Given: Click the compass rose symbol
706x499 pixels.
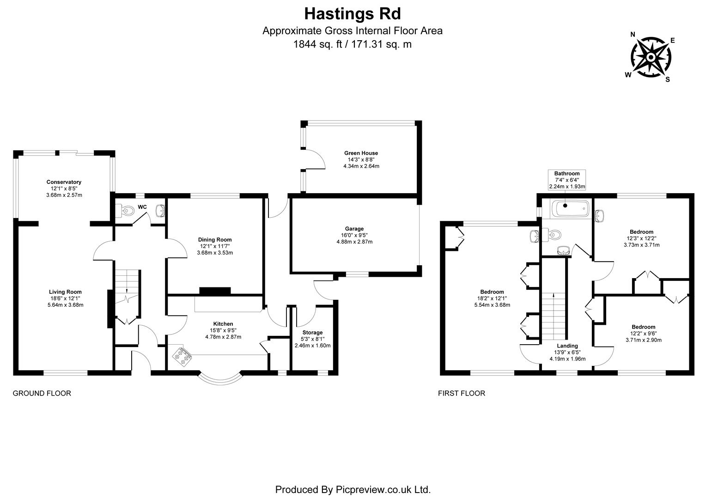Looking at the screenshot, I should click(651, 58).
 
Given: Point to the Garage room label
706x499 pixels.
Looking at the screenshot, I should click(354, 229).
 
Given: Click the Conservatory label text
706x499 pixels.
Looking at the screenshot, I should click(64, 182).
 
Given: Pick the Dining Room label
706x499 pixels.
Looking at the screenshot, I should click(215, 240).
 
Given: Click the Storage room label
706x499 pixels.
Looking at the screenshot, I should click(312, 333).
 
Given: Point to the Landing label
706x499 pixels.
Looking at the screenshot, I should click(567, 346).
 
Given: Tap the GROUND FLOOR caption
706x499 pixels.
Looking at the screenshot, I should click(42, 394).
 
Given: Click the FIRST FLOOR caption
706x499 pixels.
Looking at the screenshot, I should click(461, 394).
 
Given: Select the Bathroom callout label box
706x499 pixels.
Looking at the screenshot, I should click(567, 180).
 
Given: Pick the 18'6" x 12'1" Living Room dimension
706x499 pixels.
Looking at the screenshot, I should click(65, 298).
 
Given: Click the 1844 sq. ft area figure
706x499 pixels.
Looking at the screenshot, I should click(319, 45).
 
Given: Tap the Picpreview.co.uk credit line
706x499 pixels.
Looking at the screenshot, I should click(353, 489).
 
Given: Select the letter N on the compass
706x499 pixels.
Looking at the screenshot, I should click(633, 34).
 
